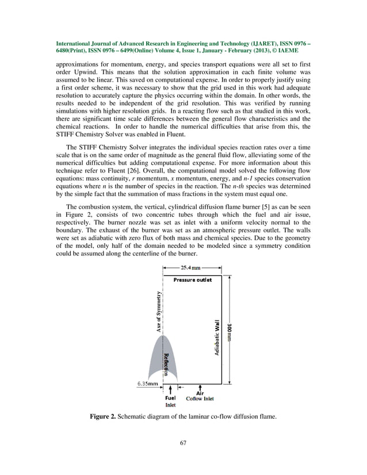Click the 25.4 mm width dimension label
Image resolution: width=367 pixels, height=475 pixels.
192,268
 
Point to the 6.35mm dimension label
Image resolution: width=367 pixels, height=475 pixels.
148,384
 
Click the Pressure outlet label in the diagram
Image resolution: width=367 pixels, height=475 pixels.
193,280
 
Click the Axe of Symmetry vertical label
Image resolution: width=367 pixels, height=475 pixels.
158,311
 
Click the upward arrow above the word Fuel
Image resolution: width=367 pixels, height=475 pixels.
171,390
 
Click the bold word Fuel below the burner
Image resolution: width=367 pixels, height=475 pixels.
171,398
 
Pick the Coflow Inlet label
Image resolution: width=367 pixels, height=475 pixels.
200,399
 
